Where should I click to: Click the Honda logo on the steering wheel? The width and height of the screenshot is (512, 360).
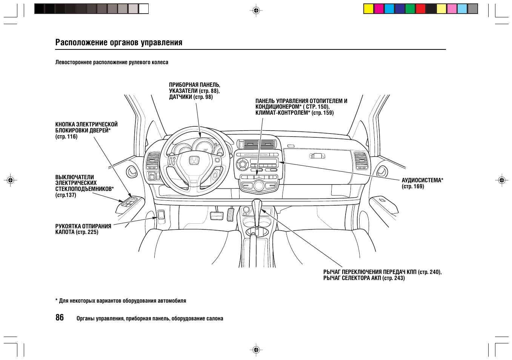[x=194, y=160]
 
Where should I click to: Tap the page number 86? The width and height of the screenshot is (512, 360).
[x=60, y=318]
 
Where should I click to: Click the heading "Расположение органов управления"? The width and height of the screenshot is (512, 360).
[x=119, y=42]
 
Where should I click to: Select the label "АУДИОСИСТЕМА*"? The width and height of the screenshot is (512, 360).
[x=422, y=180]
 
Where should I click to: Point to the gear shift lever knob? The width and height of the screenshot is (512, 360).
[x=257, y=206]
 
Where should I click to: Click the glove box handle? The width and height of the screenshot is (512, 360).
[x=317, y=156]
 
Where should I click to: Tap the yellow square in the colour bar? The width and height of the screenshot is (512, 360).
[x=369, y=9]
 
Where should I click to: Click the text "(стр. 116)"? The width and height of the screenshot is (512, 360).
[x=66, y=137]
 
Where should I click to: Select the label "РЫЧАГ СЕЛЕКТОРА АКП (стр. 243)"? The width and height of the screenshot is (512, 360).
[x=364, y=278]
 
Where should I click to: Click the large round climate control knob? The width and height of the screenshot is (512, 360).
[x=259, y=185]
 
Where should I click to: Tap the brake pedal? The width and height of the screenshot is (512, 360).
[x=217, y=215]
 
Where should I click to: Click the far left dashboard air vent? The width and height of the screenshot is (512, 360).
[x=153, y=160]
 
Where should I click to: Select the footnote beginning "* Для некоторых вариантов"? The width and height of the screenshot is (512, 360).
[x=121, y=301]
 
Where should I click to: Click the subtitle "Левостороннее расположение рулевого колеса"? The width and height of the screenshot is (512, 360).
[x=112, y=62]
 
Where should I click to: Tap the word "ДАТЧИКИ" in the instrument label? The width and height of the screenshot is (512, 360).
[x=180, y=97]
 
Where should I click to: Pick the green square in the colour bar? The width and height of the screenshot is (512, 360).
[x=411, y=9]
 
